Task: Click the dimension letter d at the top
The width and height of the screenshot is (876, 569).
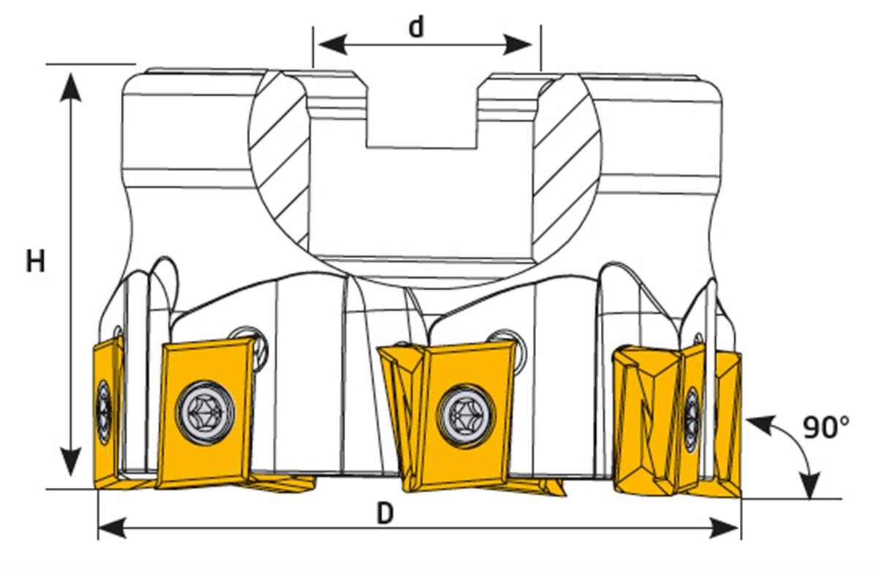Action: pos(416,27)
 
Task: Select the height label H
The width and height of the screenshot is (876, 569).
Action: pos(35,261)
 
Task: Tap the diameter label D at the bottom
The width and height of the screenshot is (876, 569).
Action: pos(385,514)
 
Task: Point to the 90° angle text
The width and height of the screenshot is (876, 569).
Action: pos(826,427)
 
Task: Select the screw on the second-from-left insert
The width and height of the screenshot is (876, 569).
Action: pos(205,411)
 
